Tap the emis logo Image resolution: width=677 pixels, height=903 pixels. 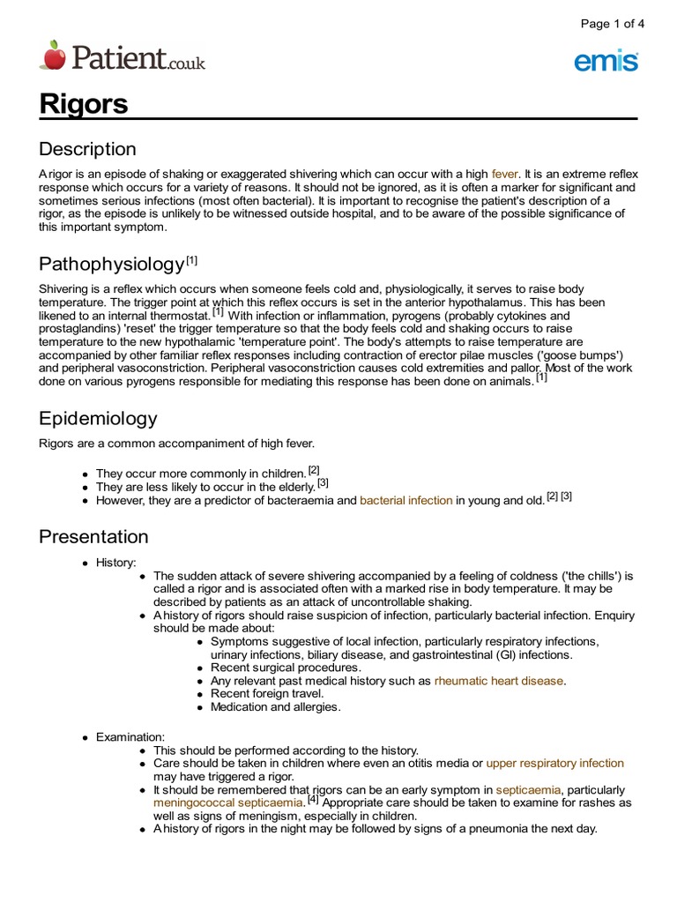click(x=606, y=62)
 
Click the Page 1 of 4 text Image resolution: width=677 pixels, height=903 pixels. click(x=613, y=24)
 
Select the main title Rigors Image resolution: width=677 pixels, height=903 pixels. click(x=84, y=104)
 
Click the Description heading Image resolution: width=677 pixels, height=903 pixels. click(x=87, y=149)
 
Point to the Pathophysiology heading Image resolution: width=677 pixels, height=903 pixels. click(x=112, y=265)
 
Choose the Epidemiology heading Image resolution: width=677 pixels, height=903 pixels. click(x=98, y=418)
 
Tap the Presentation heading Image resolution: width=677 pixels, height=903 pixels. click(x=93, y=536)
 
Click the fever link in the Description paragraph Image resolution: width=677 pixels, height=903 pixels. click(x=506, y=175)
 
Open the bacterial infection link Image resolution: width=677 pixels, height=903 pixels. click(x=406, y=500)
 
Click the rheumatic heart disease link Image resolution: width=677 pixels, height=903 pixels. click(x=499, y=681)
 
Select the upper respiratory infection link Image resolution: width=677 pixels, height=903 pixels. click(x=554, y=763)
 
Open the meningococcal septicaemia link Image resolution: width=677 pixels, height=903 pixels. click(x=227, y=802)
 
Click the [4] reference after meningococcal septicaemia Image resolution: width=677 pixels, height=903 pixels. click(x=313, y=800)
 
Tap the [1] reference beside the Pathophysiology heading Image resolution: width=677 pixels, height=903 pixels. click(x=192, y=260)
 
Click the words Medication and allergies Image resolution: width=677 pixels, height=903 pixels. click(x=275, y=706)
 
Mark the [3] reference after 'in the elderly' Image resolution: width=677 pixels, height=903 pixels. click(x=324, y=482)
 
